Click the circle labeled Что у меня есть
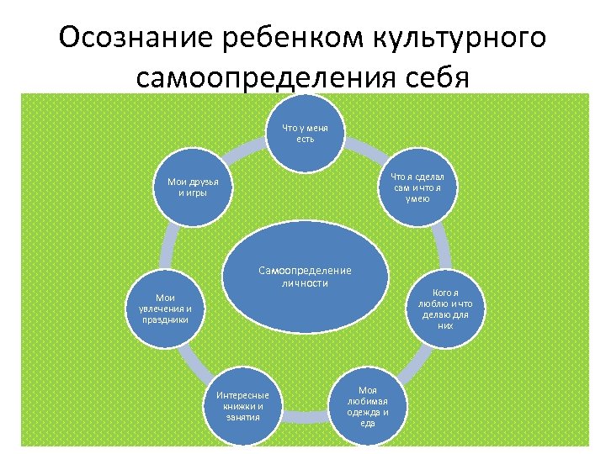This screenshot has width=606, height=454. pos(305,133)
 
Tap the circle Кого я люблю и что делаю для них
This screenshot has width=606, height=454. pos(445,309)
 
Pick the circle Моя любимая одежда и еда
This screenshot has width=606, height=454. pos(367,407)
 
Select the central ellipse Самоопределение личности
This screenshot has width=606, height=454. pos(305,277)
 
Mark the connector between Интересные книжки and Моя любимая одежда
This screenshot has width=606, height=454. pos(305,412)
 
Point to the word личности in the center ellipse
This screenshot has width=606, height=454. pos(305,283)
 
